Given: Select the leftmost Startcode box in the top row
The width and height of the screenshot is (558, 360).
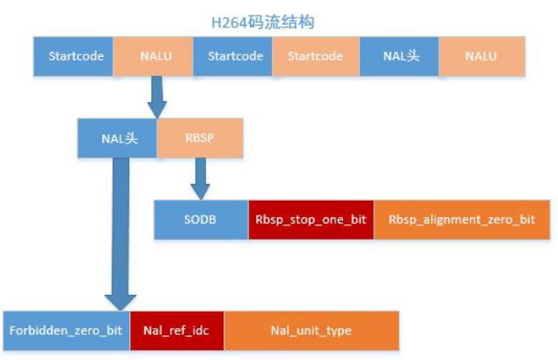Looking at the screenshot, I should tap(74, 55).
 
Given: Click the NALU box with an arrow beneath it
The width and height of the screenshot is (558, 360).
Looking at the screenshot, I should tap(156, 55).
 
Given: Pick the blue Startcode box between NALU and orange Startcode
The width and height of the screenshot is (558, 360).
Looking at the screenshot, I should tap(235, 55).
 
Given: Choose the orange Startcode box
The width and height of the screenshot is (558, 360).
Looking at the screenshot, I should tap(315, 55).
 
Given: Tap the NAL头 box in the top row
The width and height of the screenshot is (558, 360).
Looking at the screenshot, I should tap(400, 55).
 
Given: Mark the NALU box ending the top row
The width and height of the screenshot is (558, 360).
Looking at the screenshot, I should tap(481, 55).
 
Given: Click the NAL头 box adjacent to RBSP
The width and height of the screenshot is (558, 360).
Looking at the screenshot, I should tap(117, 138).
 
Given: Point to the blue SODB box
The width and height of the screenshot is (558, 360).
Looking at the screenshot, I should tap(202, 220).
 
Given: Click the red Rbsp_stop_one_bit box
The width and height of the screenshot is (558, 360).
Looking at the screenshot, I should tap(311, 220).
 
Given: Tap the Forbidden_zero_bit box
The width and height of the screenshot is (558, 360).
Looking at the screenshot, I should tap(66, 331).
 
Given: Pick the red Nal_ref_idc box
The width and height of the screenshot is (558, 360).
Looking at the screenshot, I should tap(177, 331).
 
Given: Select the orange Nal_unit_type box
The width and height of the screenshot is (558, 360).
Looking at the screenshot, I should tap(311, 331).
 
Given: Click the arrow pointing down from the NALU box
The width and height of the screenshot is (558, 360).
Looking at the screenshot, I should tap(158, 95).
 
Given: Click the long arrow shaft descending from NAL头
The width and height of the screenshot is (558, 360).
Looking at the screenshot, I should tap(118, 220).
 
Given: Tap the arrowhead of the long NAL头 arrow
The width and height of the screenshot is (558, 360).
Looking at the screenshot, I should tap(119, 296).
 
